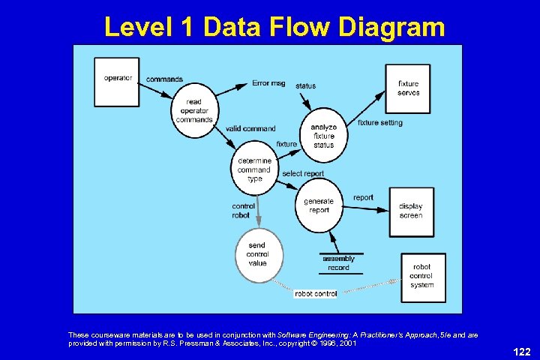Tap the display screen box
pyautogui.click(x=409, y=211)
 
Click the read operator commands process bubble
pyautogui.click(x=193, y=111)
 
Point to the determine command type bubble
pyautogui.click(x=254, y=169)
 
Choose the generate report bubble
pyautogui.click(x=319, y=205)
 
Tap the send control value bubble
pyautogui.click(x=257, y=254)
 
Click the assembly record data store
pyautogui.click(x=338, y=263)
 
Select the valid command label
pyautogui.click(x=250, y=128)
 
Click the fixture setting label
pyautogui.click(x=379, y=123)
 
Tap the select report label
pyautogui.click(x=303, y=173)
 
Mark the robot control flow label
pyautogui.click(x=316, y=294)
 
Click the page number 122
pyautogui.click(x=521, y=349)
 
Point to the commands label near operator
pyautogui.click(x=165, y=79)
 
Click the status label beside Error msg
pyautogui.click(x=306, y=85)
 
